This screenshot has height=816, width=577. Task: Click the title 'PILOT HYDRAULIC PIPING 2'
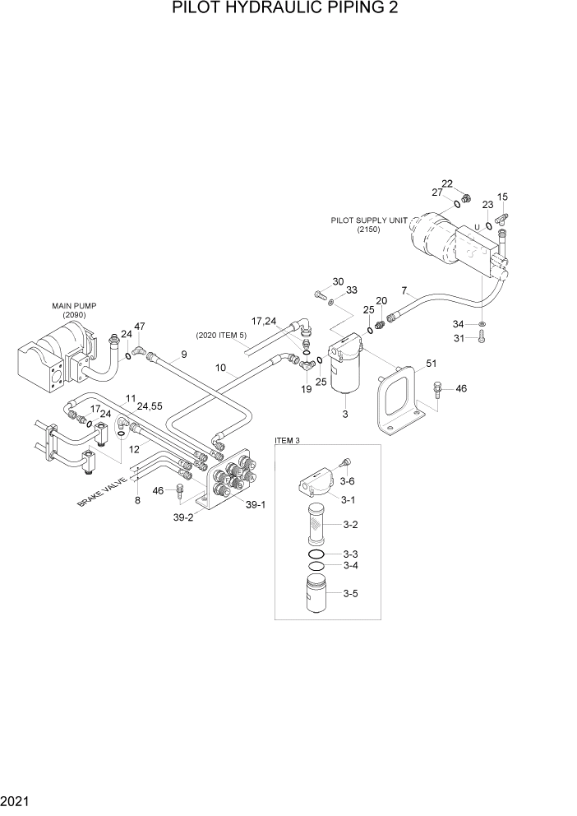click(x=288, y=9)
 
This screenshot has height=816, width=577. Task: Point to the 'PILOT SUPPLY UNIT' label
click(x=364, y=220)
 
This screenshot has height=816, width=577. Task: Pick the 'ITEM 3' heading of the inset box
click(x=287, y=441)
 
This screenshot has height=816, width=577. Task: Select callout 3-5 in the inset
click(x=350, y=592)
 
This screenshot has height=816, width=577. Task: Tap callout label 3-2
click(x=350, y=524)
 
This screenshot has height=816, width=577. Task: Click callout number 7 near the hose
click(x=404, y=290)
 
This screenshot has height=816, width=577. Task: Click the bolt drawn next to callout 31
click(x=482, y=336)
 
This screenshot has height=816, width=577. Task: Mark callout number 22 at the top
click(x=447, y=183)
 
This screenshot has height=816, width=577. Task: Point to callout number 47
click(x=140, y=327)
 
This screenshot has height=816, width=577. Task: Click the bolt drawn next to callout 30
click(x=320, y=294)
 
